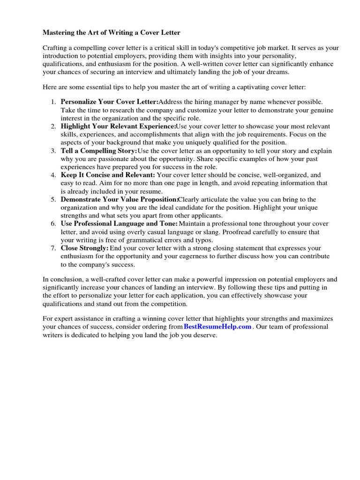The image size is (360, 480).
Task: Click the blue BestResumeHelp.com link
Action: pos(217,327)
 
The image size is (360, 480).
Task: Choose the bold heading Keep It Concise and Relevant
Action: pos(108,175)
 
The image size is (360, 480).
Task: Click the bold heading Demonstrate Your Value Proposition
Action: pos(120,200)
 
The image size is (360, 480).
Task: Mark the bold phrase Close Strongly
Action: pos(85,248)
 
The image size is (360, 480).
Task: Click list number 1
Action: pos(53,102)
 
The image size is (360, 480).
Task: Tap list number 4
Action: pos(53,175)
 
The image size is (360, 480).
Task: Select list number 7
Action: pos(53,248)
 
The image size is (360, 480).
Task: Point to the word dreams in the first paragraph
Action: pos(279,72)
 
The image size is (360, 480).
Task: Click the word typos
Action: pos(202,240)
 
